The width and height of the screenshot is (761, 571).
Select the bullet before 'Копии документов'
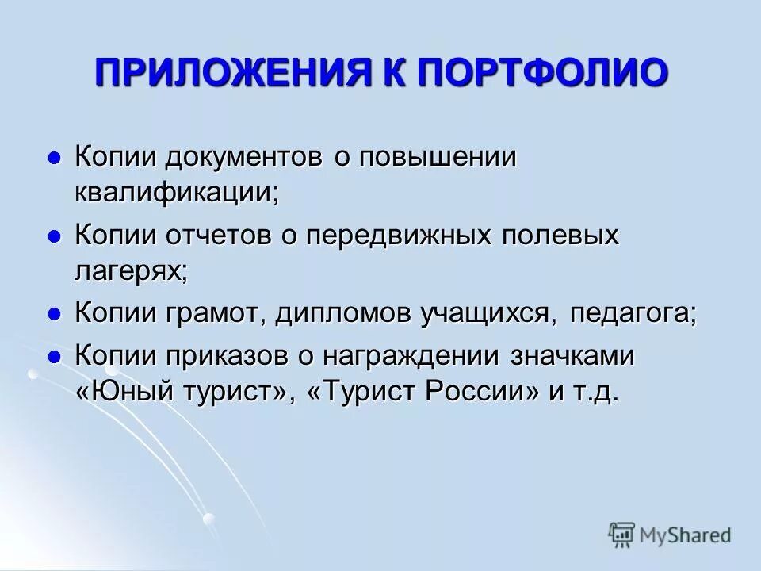(x=55, y=158)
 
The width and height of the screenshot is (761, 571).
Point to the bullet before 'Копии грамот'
(x=55, y=314)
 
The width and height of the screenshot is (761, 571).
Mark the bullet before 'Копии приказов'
(x=55, y=357)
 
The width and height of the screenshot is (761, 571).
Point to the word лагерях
(x=129, y=272)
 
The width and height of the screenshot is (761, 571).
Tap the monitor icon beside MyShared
(x=622, y=535)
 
